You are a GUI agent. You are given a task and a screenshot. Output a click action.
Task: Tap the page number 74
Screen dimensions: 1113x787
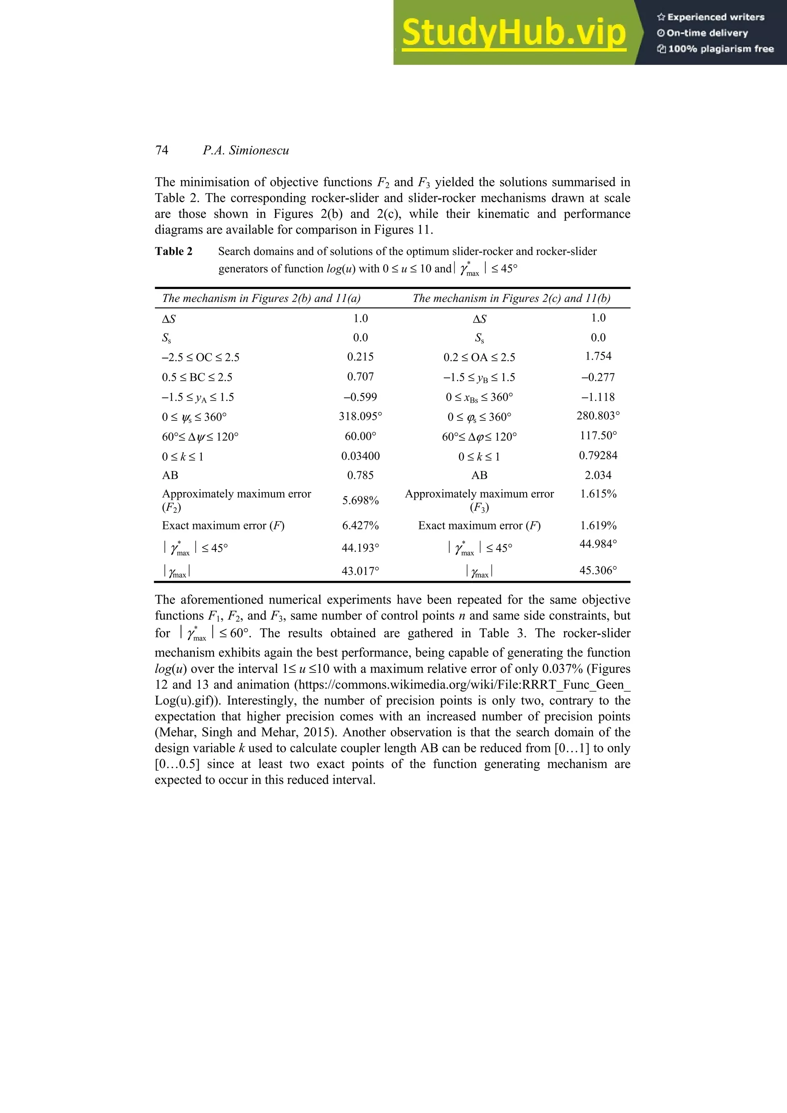162,150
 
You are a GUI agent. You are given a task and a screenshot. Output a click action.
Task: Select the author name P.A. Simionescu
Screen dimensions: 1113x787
246,150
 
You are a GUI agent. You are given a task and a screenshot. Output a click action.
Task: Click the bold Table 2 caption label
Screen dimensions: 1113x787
174,251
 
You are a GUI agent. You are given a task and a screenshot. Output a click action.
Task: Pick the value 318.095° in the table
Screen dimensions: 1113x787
360,416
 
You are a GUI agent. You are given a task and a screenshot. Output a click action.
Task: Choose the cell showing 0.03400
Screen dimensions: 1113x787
360,456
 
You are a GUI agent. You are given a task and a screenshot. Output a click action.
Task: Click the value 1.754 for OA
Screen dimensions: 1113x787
598,356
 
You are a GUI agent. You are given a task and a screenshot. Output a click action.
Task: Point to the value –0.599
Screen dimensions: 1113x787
360,397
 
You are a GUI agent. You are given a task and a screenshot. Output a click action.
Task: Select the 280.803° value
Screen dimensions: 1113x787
598,415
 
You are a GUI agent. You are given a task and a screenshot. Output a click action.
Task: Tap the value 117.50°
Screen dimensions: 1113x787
598,435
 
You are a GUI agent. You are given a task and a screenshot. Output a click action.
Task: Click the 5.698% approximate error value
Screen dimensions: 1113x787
360,500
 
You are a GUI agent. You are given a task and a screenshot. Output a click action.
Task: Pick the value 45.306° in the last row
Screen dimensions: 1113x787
598,571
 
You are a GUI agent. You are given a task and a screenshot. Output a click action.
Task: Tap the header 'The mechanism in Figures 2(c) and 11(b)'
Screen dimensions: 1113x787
511,298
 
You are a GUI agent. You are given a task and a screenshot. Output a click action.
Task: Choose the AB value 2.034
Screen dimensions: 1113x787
598,475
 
